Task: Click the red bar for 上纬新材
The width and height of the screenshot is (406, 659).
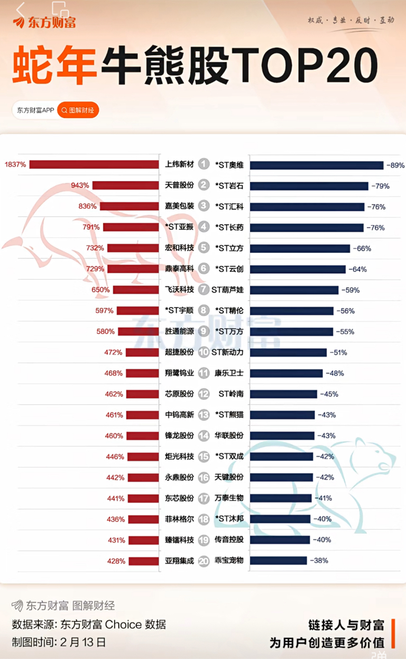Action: click(x=94, y=165)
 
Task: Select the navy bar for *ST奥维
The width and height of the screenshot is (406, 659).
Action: click(x=317, y=165)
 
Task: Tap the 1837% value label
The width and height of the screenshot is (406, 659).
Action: click(x=15, y=165)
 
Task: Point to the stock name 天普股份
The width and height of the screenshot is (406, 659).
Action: click(x=179, y=186)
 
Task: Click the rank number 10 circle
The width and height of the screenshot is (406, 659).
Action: click(x=204, y=353)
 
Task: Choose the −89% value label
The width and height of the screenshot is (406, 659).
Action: click(x=395, y=165)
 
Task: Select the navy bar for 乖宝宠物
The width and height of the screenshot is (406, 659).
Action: click(x=279, y=561)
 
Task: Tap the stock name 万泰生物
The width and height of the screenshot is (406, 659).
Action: click(x=229, y=499)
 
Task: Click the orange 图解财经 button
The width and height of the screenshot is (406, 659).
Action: click(x=78, y=110)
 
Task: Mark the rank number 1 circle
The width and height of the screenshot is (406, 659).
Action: click(x=204, y=165)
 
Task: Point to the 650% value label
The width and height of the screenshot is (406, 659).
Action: click(x=100, y=290)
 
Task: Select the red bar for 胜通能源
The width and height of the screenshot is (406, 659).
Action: click(x=138, y=332)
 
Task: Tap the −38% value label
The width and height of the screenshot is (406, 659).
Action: click(x=319, y=561)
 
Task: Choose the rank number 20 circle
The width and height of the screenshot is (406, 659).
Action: click(x=204, y=561)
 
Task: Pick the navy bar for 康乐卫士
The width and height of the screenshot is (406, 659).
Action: click(x=286, y=373)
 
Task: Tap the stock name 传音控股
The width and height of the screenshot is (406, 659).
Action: click(x=229, y=540)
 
